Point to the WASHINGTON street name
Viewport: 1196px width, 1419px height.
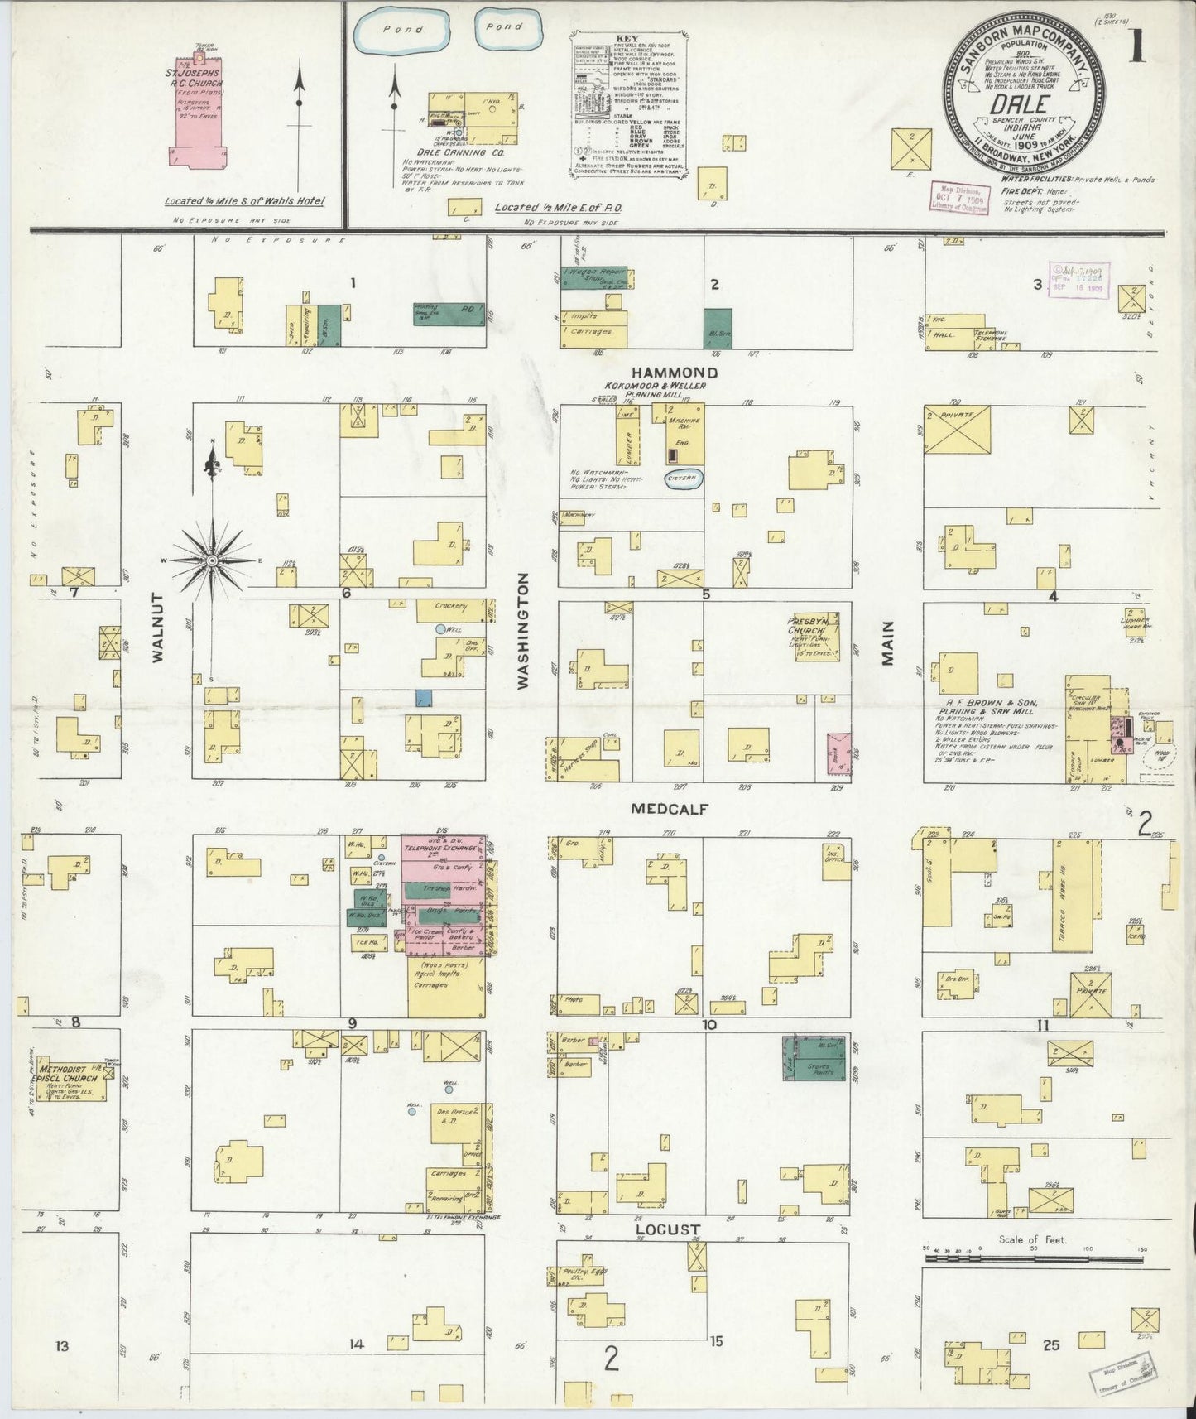point(523,631)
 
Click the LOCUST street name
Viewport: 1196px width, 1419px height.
point(668,1229)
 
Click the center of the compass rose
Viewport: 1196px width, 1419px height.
point(213,560)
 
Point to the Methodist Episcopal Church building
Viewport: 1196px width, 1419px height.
point(74,1081)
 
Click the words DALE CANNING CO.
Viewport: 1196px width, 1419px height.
point(473,153)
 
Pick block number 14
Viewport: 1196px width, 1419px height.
point(356,1344)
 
